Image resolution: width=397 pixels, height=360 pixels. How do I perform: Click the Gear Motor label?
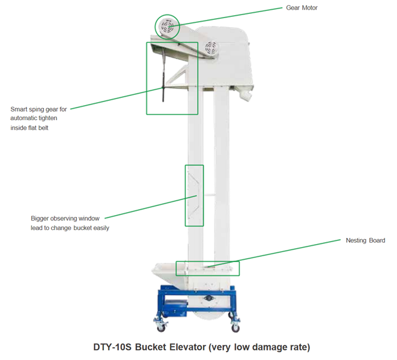tap(302, 8)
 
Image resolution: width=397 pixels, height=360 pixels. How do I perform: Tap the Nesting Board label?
tap(366, 240)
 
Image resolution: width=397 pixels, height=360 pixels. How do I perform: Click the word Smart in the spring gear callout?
tap(19, 109)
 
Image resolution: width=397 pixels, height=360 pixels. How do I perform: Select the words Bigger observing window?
tap(65, 218)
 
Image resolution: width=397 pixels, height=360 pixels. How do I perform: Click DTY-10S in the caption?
tap(112, 347)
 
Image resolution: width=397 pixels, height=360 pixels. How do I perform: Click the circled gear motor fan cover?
tap(167, 27)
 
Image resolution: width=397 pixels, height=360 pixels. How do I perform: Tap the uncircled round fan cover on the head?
tap(211, 47)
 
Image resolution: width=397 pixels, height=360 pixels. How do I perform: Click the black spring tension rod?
tap(163, 76)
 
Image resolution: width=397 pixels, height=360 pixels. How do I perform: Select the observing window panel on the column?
tap(193, 196)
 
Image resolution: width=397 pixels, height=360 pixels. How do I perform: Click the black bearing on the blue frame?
tap(208, 298)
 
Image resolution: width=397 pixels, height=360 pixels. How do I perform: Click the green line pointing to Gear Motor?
tap(225, 18)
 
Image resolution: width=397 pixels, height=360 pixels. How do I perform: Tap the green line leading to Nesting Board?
tap(274, 254)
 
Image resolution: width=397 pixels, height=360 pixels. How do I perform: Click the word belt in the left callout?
tap(44, 128)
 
